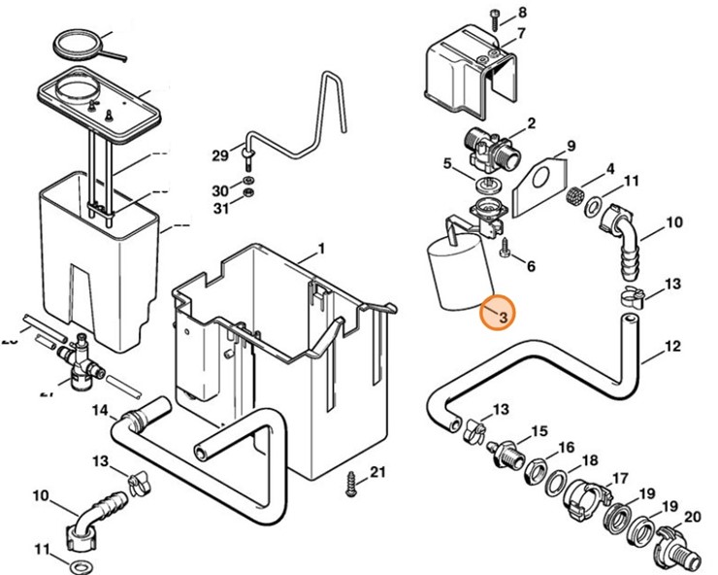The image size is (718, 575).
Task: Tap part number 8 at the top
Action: click(x=522, y=13)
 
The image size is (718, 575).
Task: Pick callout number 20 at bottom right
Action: click(x=693, y=517)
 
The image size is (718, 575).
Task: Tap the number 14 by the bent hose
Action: click(x=99, y=411)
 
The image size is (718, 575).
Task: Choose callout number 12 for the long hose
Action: click(x=673, y=346)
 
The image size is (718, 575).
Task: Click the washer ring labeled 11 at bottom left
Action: click(x=76, y=563)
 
